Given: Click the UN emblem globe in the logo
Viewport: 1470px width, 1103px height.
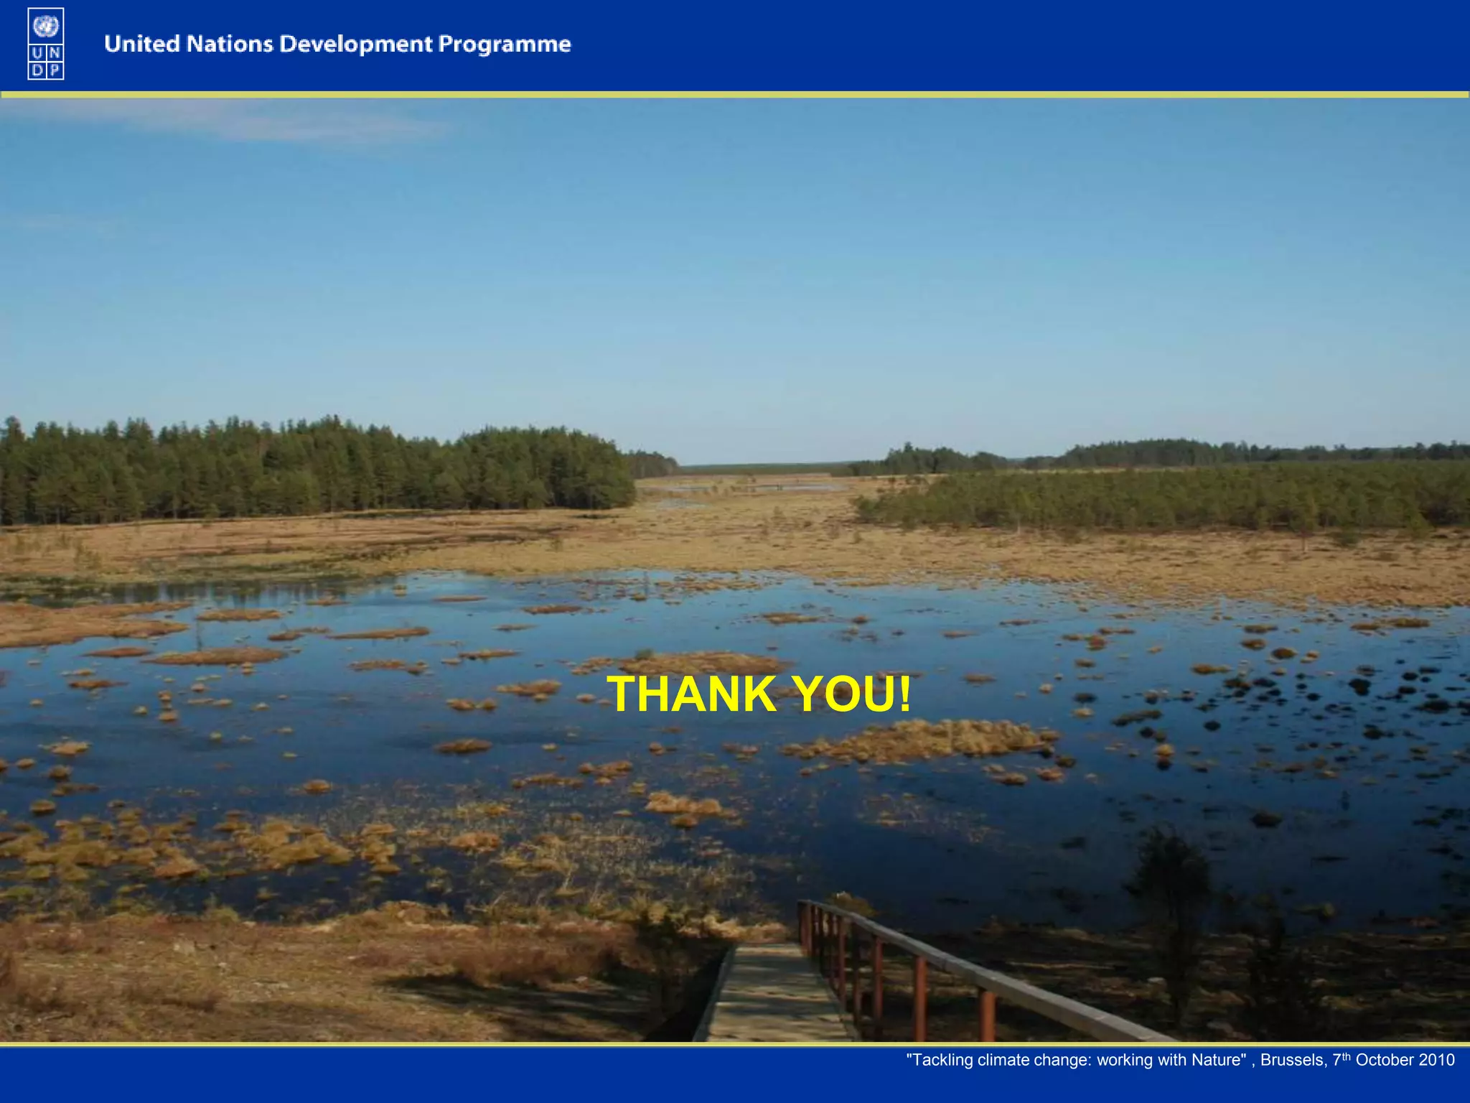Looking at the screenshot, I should coord(46,27).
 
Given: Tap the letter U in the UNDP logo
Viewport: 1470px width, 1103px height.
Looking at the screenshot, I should coord(37,53).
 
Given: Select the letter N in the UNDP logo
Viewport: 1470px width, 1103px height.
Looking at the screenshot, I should coord(55,53).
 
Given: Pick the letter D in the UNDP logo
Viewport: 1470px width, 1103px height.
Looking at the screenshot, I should coord(37,70).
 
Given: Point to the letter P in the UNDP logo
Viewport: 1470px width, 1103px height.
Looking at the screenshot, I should coord(55,70).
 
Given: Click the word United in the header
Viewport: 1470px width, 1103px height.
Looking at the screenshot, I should coord(141,44).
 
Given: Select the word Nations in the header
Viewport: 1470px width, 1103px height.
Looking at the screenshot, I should coord(230,44).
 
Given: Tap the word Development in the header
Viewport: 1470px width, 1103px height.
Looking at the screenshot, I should coord(356,45).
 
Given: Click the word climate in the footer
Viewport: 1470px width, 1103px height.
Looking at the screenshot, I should coord(1004,1061).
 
